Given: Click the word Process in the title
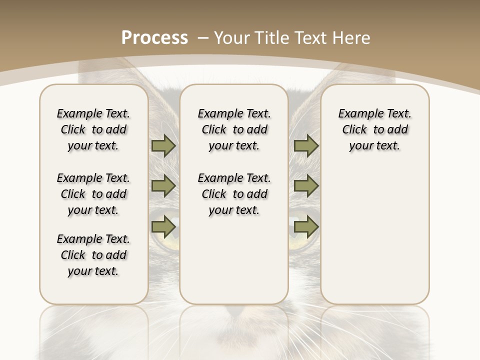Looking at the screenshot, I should coord(154,37).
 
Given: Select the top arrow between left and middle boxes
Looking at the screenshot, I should coord(163,145).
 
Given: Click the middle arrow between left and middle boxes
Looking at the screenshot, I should coord(163,186).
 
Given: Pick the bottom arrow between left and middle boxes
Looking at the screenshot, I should coord(163,227).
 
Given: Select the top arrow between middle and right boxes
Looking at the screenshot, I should coord(306,145).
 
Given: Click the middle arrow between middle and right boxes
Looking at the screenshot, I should coord(306,186).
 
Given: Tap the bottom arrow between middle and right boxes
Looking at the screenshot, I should coord(306,227).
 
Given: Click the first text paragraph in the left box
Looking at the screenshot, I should coord(93,129).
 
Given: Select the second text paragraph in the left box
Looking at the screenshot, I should coord(93,194).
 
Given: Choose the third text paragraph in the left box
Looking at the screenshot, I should coord(93,255).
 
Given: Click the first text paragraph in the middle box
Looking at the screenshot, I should coord(234,129).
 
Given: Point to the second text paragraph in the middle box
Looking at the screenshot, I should coord(234,194).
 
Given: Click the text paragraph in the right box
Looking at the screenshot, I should coord(374,129).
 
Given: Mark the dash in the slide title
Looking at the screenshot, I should coord(203,37).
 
